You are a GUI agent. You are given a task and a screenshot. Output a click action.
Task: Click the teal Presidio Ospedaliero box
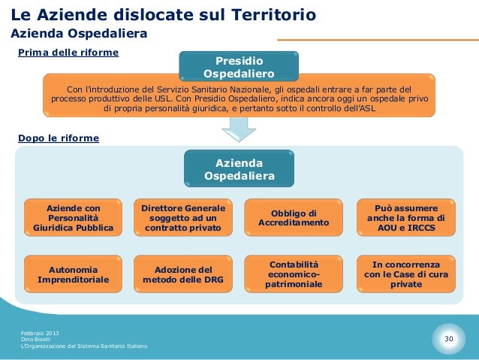click(239, 66)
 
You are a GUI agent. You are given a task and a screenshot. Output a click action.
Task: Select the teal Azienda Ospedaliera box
click(239, 169)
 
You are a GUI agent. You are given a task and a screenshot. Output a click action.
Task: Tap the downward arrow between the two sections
click(239, 129)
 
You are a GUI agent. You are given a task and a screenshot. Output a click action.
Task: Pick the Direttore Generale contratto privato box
click(183, 216)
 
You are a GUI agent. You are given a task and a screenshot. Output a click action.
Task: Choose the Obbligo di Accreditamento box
click(294, 217)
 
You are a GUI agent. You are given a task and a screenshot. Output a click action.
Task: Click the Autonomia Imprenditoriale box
click(74, 274)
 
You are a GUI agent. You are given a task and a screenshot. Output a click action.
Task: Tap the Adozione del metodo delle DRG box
click(183, 274)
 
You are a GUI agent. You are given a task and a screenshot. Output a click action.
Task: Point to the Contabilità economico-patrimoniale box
click(294, 274)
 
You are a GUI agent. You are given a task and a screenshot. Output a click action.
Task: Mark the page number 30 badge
click(449, 340)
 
